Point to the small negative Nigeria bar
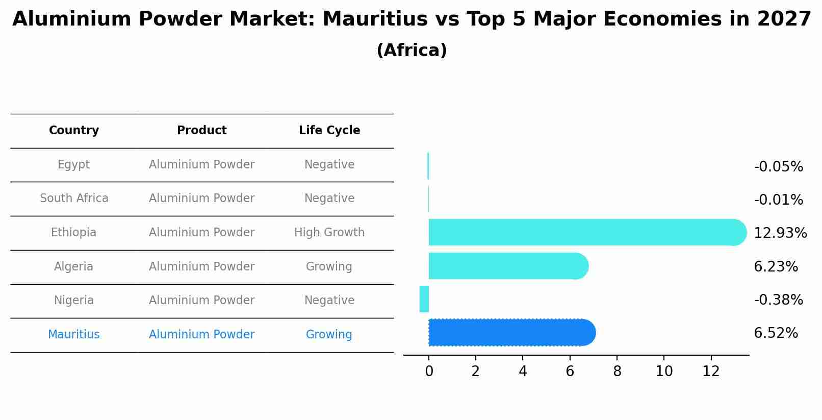tap(424, 299)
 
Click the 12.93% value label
tap(780, 233)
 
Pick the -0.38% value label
tap(778, 300)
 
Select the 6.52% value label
tap(776, 333)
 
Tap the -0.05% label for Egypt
tap(778, 167)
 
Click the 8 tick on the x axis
tap(617, 372)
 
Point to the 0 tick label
tap(429, 372)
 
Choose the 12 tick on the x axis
tap(711, 372)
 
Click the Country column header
tap(74, 131)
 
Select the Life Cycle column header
tap(329, 131)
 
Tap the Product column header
tap(202, 131)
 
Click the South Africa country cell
tap(74, 199)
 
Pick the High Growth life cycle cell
tap(329, 233)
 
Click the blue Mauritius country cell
tap(74, 335)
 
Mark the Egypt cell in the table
tap(73, 165)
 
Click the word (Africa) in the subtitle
tap(412, 51)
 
